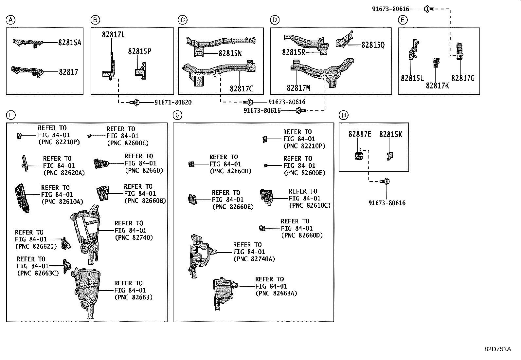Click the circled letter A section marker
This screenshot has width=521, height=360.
pos(10,20)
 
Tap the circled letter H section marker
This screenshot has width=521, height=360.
pos(343,115)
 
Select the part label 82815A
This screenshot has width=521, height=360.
pos(70,43)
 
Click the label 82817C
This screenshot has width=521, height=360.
pos(241,89)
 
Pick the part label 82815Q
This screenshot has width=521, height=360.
pos(373,45)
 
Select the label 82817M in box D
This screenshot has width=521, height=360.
pos(298,88)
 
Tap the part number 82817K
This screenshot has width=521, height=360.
pos(437,86)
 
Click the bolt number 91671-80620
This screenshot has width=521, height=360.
pos(173,103)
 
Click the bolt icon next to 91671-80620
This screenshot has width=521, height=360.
pos(135,103)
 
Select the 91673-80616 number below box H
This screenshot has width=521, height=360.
pos(387,203)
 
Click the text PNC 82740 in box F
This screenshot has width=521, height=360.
pos(134,237)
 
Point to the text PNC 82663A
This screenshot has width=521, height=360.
pos(276,293)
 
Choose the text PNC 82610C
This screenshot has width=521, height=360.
pos(310,206)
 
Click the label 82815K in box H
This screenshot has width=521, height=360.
pos(390,134)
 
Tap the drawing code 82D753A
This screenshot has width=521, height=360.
pos(497,349)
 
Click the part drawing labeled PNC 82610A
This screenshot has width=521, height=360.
pos(22,199)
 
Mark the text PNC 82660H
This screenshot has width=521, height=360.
pos(230,171)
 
